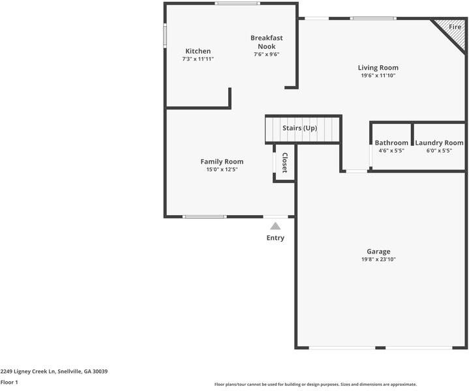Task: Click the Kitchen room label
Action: pos(198,51)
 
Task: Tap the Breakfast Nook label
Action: pos(266,42)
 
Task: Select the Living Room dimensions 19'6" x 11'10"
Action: pos(378,76)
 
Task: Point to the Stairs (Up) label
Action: pos(299,128)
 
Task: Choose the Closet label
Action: pos(284,163)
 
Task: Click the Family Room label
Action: pos(222,162)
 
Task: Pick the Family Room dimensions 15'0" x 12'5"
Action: pos(222,170)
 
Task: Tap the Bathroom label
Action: pos(391,143)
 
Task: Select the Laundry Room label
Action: pos(439,143)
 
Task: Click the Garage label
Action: pos(378,252)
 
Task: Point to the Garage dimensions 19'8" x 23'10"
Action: pos(378,259)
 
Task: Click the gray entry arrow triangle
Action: pos(275,226)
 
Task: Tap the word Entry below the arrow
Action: pos(275,238)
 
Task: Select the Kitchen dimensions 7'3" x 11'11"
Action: pos(198,59)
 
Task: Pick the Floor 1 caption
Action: pos(9,383)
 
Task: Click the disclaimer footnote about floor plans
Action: pos(315,384)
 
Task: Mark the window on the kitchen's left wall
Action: pos(165,35)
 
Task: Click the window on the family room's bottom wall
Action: pos(196,216)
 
